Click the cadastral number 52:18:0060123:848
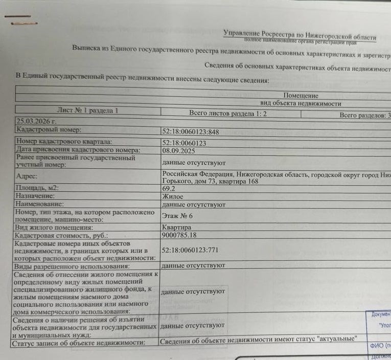pos(190,132)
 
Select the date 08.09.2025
pos(179,151)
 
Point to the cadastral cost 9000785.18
pos(179,235)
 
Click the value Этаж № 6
pos(177,216)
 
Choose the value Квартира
pos(176,228)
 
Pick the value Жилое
pos(172,196)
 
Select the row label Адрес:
pos(28,176)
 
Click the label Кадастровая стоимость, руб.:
pos(62,236)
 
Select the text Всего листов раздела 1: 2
pos(228,114)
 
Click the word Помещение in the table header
pos(301,96)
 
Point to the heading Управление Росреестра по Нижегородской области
pos(300,35)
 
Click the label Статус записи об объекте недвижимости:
pos(78,343)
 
